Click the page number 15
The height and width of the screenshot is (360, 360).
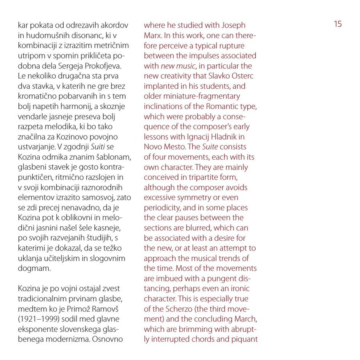(338, 24)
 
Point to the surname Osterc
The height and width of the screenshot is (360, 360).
(242, 75)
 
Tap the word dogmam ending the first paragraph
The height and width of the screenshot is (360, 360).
(35, 269)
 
